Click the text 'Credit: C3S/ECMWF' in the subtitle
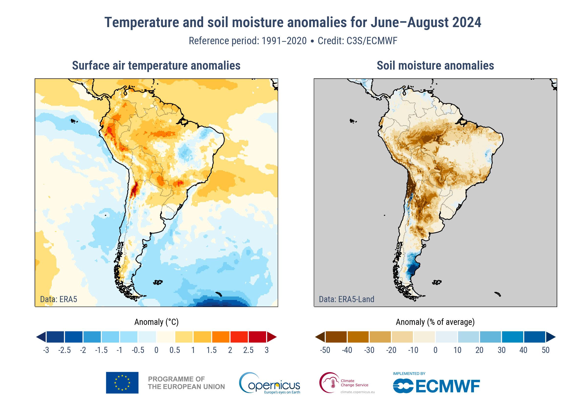[357, 41]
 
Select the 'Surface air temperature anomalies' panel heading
[156, 66]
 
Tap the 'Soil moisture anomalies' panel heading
[435, 66]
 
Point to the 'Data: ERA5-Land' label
[346, 299]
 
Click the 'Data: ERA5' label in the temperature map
[59, 299]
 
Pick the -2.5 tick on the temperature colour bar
[64, 350]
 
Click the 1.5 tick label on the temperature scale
[211, 350]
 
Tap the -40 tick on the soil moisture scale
[347, 350]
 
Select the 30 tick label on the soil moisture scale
[501, 350]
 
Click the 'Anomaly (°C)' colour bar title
[156, 322]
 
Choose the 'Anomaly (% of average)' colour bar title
[435, 322]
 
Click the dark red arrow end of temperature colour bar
[272, 337]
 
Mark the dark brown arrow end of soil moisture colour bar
[320, 337]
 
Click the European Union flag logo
[122, 382]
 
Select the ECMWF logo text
[437, 386]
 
